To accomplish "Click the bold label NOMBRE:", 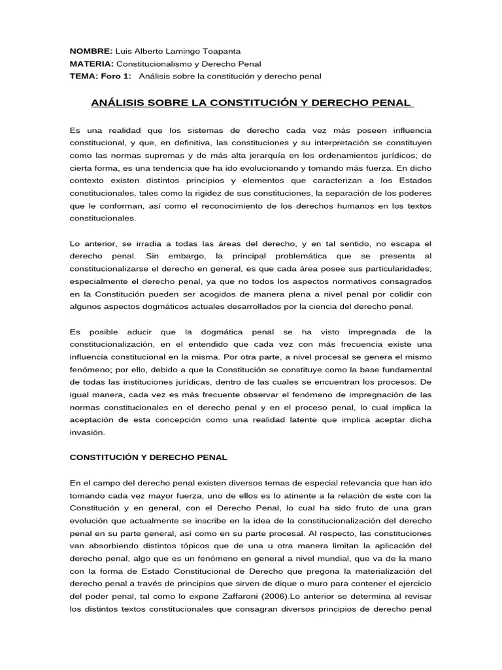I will coord(92,51).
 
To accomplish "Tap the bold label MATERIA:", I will coord(92,63).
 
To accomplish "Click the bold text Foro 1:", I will coord(116,76).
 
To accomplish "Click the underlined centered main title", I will coord(252,103).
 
